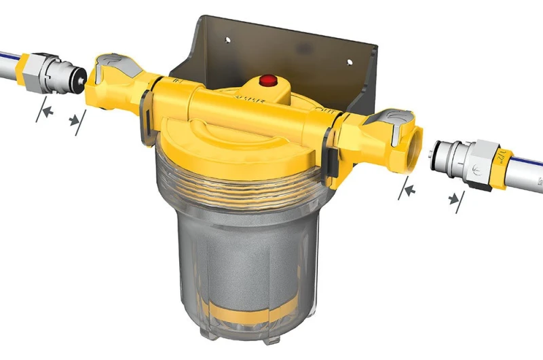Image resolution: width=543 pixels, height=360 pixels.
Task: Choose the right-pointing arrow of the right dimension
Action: click(x=408, y=191)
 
